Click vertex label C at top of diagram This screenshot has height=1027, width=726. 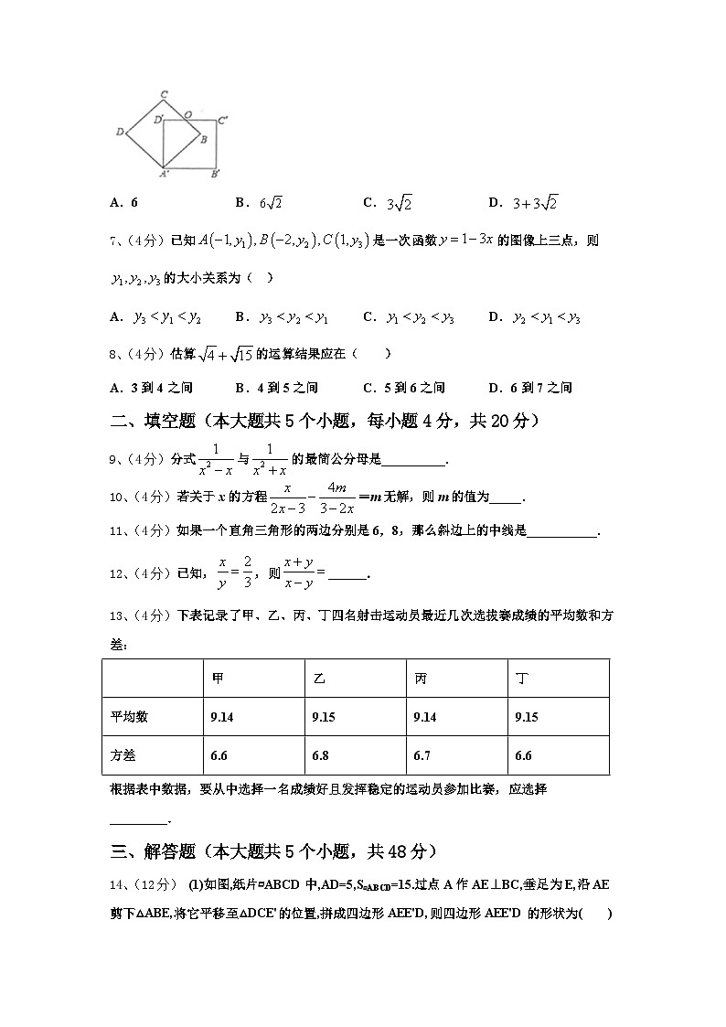163,93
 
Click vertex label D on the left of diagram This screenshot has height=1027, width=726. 120,133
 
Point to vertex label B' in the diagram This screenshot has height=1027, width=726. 215,173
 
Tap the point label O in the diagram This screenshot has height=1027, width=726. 187,114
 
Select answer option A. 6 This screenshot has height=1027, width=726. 123,203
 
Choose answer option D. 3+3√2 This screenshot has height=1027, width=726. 522,203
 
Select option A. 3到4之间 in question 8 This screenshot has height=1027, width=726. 150,388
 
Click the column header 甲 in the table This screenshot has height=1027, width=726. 218,679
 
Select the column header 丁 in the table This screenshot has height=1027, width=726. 521,679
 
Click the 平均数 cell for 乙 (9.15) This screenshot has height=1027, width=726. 324,718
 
